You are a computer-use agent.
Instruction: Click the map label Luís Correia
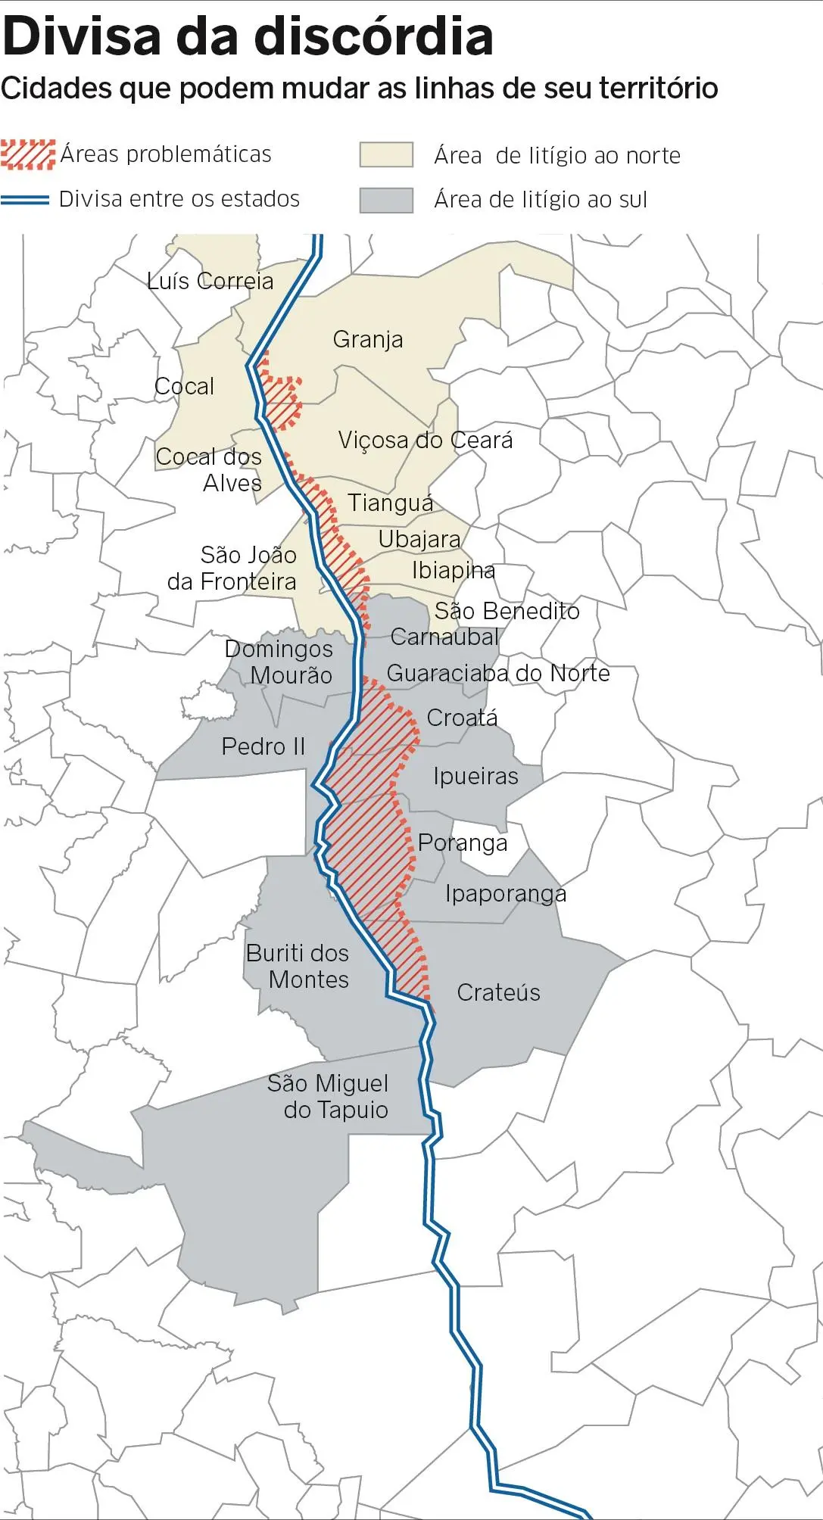click(210, 281)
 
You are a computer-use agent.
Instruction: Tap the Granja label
click(367, 339)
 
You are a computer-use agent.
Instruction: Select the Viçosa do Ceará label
click(425, 440)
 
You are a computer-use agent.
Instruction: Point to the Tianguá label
click(390, 503)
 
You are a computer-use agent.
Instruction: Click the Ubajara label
click(419, 539)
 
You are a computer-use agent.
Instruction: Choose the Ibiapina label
click(453, 570)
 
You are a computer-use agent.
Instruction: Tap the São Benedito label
click(507, 610)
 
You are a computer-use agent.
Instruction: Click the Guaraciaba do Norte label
click(497, 673)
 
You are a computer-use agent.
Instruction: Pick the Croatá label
click(462, 717)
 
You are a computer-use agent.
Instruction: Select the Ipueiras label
click(475, 776)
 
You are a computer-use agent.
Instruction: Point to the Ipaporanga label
click(505, 894)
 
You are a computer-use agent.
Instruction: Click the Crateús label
click(498, 992)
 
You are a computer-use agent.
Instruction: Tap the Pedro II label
click(263, 746)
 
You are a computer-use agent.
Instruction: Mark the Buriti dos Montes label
click(298, 966)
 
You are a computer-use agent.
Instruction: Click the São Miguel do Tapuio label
click(329, 1096)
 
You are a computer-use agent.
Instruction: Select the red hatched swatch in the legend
click(28, 154)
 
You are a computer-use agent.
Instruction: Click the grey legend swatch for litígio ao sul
click(386, 200)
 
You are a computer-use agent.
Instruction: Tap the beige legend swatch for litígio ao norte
click(386, 155)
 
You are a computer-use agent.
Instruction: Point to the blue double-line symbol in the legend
click(25, 199)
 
